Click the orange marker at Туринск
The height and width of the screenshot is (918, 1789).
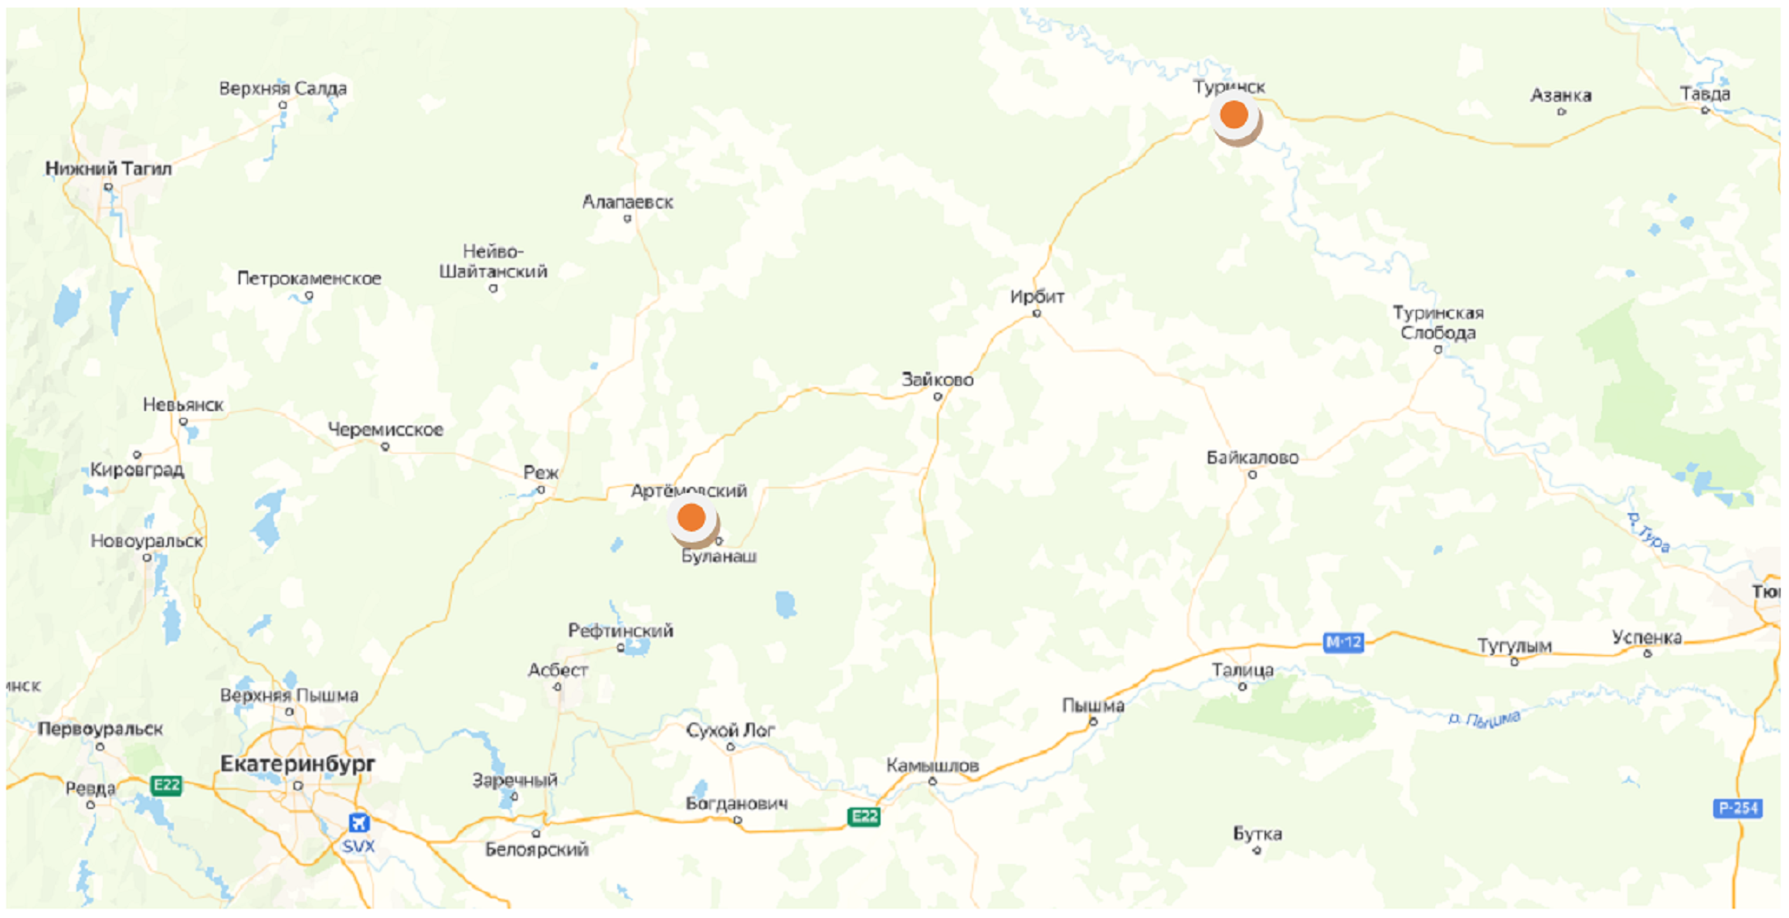click(x=1234, y=115)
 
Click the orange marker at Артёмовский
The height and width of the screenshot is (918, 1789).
click(x=691, y=518)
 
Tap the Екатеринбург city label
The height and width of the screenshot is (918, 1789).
click(x=297, y=763)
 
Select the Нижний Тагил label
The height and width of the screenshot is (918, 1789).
click(x=108, y=168)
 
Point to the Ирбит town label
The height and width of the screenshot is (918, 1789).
click(x=1037, y=297)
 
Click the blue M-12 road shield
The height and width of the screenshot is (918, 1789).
click(x=1343, y=642)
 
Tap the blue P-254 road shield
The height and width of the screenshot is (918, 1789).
click(x=1737, y=808)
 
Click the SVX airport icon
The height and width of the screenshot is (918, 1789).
click(x=358, y=822)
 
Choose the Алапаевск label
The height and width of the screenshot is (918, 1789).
click(x=627, y=202)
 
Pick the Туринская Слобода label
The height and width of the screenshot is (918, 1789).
click(x=1438, y=323)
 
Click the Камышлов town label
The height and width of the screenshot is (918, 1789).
click(x=932, y=766)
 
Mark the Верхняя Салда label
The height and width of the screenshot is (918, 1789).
click(x=283, y=89)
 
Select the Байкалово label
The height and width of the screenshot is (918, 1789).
click(x=1252, y=458)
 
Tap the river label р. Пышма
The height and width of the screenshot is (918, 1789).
click(x=1484, y=719)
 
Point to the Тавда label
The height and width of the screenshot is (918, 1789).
click(x=1705, y=94)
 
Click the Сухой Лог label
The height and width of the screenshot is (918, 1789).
click(x=730, y=730)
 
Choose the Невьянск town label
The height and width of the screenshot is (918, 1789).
click(x=183, y=405)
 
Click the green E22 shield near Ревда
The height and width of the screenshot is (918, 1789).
click(x=166, y=786)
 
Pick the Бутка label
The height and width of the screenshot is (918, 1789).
click(x=1257, y=834)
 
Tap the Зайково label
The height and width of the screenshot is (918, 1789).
click(x=937, y=380)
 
